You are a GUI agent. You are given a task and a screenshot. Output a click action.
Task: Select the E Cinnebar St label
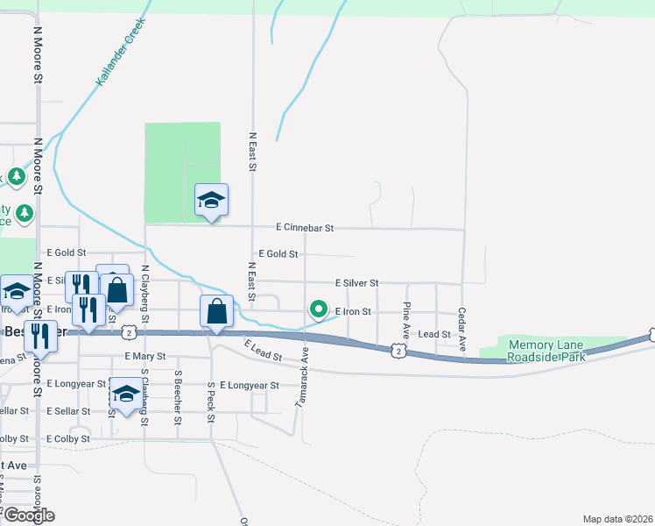pos(305,228)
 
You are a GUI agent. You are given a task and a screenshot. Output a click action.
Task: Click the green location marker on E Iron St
pos(319,309)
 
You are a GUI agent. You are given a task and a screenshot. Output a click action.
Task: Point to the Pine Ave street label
pos(406,321)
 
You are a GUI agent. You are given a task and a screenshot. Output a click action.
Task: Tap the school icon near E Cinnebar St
pos(211,201)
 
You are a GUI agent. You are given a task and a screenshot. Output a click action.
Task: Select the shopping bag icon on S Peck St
pos(216,311)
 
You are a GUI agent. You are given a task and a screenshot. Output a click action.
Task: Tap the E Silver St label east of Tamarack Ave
pos(356,283)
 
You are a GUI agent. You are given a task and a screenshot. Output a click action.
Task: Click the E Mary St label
pos(145,357)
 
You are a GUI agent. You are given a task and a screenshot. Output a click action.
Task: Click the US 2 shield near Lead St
pos(398,351)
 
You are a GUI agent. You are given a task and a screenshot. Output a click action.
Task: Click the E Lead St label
pos(263,352)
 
